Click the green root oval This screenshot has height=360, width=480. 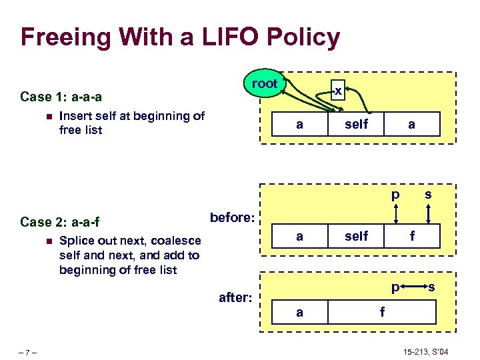(265, 83)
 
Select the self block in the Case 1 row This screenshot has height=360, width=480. (357, 124)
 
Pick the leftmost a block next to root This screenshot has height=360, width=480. (300, 124)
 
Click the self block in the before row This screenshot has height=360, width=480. (357, 235)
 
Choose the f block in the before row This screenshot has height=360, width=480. (413, 235)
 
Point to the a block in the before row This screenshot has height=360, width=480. (300, 235)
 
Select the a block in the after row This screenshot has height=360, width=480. (300, 311)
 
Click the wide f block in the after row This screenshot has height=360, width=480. (382, 311)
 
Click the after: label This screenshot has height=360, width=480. (235, 298)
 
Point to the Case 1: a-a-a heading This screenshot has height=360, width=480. (61, 97)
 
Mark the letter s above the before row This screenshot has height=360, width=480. (428, 194)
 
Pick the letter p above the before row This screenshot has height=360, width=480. (396, 195)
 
